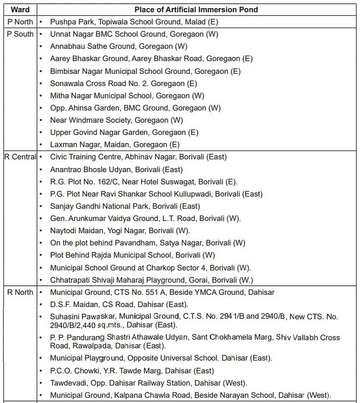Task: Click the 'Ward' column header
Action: pos(20,9)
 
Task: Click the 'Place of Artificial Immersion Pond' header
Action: pos(196,9)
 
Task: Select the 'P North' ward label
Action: pos(19,22)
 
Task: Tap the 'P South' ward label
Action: pos(20,34)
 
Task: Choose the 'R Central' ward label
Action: pos(20,157)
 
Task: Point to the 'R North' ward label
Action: pos(19,292)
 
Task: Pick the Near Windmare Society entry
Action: pos(116,120)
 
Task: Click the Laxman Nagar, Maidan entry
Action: pos(115,145)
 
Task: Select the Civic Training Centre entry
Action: pos(138,157)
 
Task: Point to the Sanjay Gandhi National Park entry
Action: pos(125,206)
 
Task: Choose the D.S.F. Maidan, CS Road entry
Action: pos(119,304)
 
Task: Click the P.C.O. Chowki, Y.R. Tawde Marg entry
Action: pos(132,370)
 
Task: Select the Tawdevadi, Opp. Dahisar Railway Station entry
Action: pos(148,383)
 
